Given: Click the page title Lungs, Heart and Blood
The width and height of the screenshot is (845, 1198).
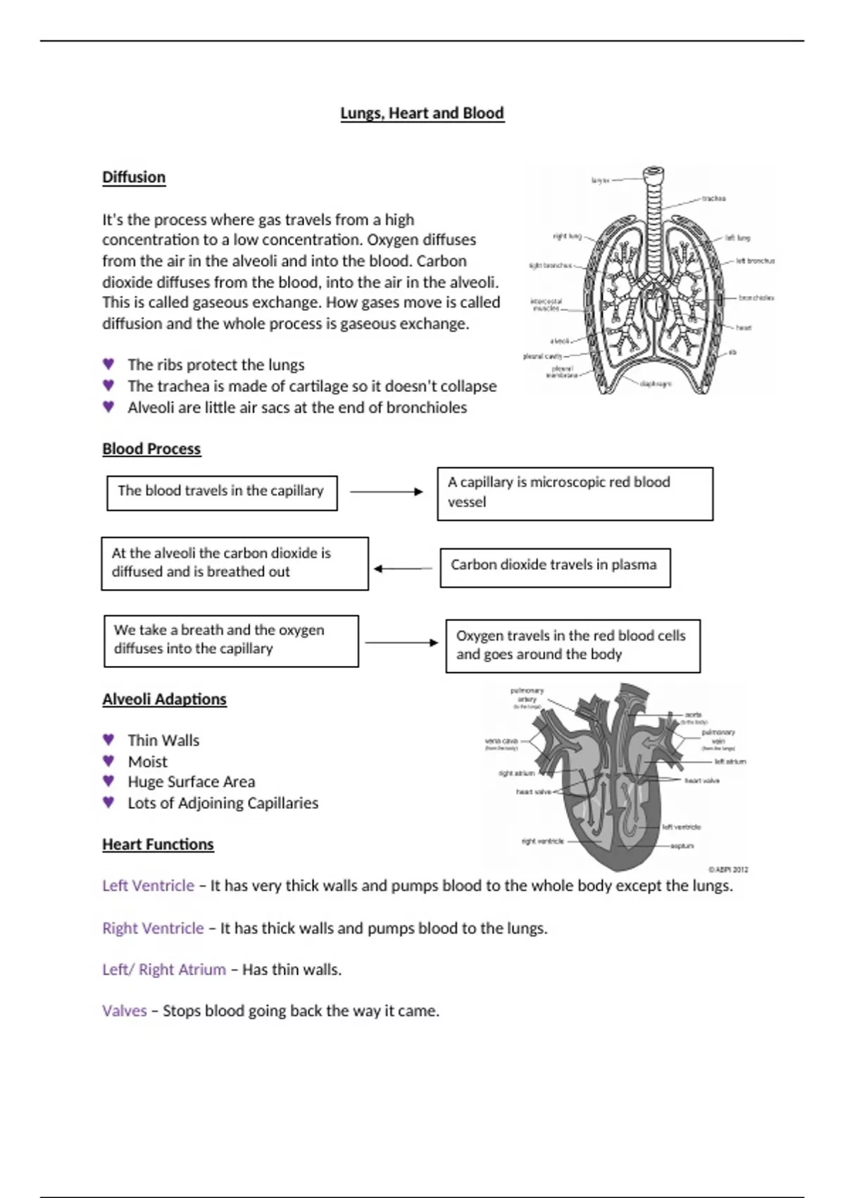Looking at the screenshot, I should tap(422, 113).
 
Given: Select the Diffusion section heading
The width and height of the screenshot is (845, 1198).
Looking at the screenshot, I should tap(134, 177).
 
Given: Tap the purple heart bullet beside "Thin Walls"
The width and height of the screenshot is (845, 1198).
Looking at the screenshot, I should tap(108, 739).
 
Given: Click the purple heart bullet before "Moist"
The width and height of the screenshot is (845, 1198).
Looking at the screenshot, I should tap(108, 760).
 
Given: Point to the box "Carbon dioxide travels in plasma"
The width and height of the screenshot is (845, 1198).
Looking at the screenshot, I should tap(555, 567).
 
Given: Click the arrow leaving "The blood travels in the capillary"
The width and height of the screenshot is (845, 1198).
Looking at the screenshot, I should tap(386, 492).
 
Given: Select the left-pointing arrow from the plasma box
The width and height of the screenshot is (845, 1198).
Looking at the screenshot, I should tap(403, 569).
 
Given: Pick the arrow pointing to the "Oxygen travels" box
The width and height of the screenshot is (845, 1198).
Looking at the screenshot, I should tap(401, 643).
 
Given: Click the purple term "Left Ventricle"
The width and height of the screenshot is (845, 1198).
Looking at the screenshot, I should tap(148, 886).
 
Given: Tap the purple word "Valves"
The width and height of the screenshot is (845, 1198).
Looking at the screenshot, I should tap(124, 1011).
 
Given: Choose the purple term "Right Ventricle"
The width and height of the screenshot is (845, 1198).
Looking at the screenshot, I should tap(153, 928).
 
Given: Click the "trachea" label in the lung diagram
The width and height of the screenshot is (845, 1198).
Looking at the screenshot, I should tap(713, 199).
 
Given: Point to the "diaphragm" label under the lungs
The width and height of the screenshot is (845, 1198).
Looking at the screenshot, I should tap(656, 384).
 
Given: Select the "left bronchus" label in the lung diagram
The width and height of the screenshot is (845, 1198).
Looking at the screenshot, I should tap(755, 261).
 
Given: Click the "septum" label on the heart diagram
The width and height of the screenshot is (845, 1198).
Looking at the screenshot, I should tap(682, 846).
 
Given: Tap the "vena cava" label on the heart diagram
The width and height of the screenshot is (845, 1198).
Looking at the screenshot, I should tap(501, 741).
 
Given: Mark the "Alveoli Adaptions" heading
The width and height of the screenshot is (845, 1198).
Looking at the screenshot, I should tap(164, 699).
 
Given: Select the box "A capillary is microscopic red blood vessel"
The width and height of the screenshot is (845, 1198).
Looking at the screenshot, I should tap(575, 493).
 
